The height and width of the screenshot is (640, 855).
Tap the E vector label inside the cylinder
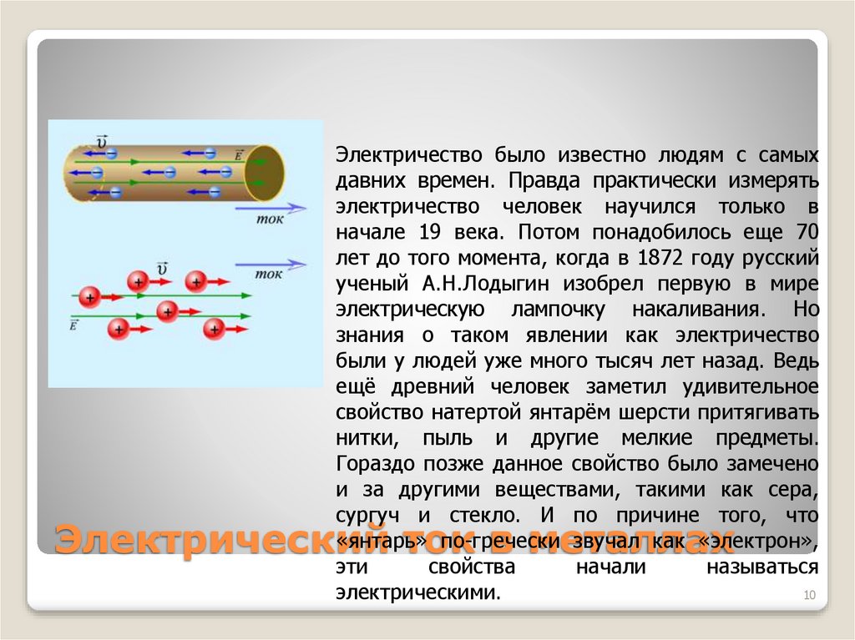[x=240, y=154]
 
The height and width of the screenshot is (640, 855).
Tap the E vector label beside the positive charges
[x=74, y=325]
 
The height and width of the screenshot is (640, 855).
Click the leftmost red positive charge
[x=89, y=296]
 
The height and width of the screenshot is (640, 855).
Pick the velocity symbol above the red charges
[x=162, y=269]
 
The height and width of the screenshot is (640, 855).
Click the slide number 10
[x=808, y=594]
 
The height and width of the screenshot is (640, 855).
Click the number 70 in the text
[x=807, y=231]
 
